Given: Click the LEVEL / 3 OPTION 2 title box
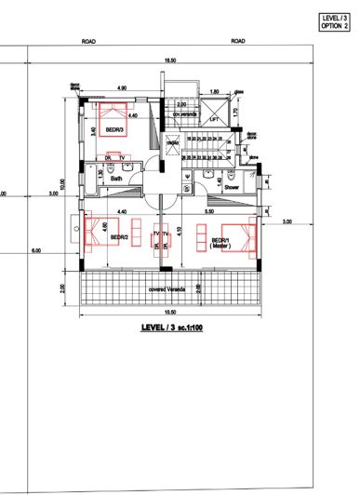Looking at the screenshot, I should point(334,21).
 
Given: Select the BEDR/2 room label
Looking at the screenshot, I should point(118,238).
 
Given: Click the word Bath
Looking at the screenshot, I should point(116,179).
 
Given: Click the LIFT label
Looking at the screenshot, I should point(214,120).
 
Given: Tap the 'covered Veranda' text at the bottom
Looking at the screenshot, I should point(168,289).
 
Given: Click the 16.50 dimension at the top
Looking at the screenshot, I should point(169,60).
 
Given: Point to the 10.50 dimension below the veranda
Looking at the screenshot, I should point(169,313).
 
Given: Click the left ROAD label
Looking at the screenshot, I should point(88,42).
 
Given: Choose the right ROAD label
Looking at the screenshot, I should point(238,42).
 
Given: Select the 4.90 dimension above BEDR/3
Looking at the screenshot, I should point(121,88).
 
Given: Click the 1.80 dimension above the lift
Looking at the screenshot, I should point(214,92).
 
